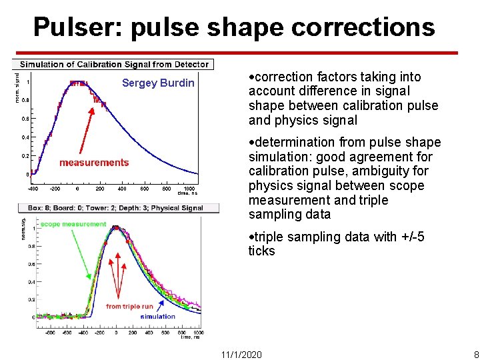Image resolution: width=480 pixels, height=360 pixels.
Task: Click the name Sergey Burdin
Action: click(158, 83)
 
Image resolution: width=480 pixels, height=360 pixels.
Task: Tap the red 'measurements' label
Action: click(94, 163)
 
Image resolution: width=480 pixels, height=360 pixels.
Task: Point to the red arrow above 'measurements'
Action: click(86, 131)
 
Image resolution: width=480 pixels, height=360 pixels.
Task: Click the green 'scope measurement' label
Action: click(73, 224)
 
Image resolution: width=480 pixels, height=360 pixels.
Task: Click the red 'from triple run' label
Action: click(129, 307)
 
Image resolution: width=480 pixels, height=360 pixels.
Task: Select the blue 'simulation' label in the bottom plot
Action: click(157, 317)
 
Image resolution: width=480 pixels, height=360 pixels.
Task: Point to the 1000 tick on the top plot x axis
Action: click(190, 189)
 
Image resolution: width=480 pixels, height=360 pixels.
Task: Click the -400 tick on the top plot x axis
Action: click(33, 189)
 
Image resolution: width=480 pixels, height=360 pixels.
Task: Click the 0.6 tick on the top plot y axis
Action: click(25, 119)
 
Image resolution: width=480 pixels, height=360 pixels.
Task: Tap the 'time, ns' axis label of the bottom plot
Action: click(191, 337)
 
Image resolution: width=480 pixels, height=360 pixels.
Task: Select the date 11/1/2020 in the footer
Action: click(241, 354)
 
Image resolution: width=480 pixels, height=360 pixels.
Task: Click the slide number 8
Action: click(475, 354)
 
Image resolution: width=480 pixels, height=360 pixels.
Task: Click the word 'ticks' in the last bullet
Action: click(261, 251)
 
